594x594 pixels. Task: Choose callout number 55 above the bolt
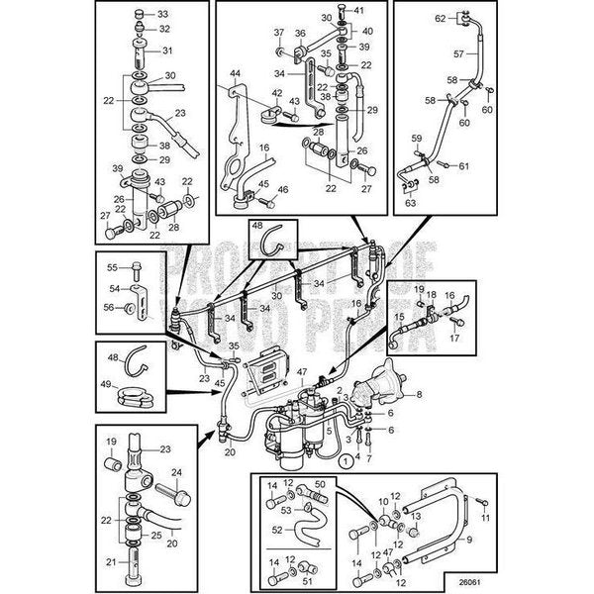[x=112, y=267]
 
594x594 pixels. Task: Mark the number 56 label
[x=111, y=308]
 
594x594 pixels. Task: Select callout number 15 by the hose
[x=401, y=317]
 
